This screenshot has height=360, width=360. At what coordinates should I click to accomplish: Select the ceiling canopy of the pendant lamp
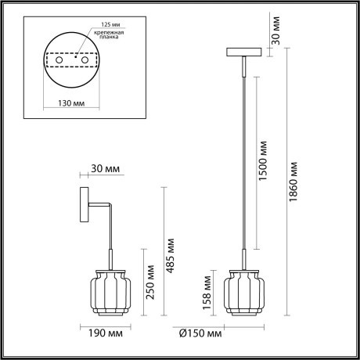coord(243,52)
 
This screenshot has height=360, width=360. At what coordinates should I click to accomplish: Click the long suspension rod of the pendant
coord(243,157)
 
